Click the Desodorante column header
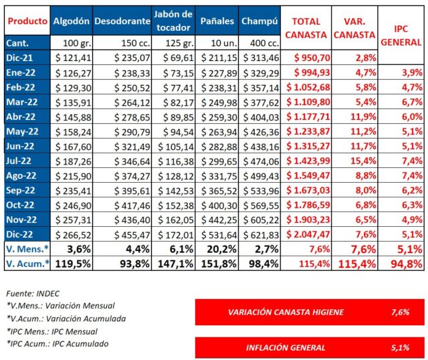coord(122,22)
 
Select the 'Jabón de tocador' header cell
coord(173,22)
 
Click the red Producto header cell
coord(27,22)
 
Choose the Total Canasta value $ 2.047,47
coord(305,234)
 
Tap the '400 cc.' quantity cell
coord(259,43)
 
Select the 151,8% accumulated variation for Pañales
coord(217,264)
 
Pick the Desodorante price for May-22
coord(122,131)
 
